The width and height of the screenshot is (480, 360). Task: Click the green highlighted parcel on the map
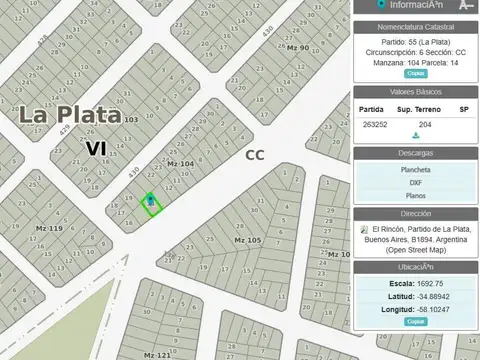(151, 204)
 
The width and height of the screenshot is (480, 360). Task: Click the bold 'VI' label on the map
(96, 148)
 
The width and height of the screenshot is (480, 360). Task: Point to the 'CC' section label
(256, 155)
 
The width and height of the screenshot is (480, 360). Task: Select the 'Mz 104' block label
(181, 163)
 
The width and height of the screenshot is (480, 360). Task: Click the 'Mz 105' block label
(247, 241)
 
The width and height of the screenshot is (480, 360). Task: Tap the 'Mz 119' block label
(49, 229)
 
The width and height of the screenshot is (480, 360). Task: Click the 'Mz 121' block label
(157, 354)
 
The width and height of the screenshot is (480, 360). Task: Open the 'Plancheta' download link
(416, 170)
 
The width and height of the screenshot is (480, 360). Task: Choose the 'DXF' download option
(416, 183)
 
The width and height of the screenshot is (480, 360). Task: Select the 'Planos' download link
(416, 196)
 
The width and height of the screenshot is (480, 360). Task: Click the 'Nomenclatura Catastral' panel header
(416, 27)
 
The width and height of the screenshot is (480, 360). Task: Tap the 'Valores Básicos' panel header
(416, 92)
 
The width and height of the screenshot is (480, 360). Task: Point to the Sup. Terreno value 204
(425, 124)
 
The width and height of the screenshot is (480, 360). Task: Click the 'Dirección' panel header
(416, 214)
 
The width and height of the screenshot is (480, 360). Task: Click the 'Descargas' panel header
(416, 153)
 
